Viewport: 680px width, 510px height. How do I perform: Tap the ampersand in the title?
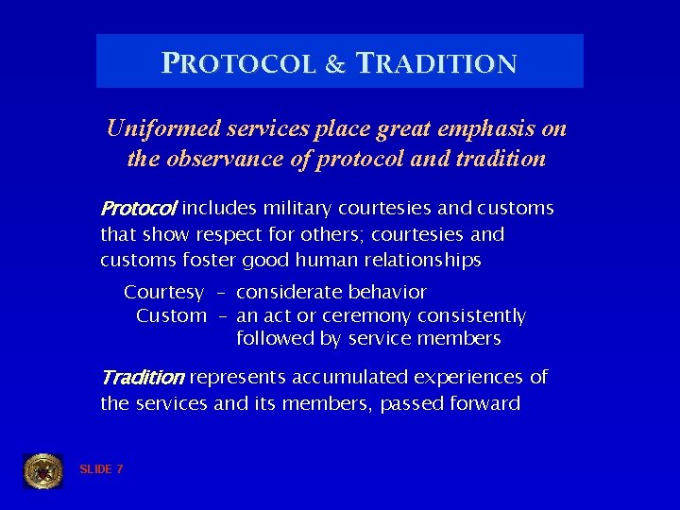335,65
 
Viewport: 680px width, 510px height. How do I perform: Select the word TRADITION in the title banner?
435,64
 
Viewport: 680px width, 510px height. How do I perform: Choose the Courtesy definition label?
163,293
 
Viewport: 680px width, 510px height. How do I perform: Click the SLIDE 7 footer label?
101,469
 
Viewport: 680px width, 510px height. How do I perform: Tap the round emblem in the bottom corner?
42,470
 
